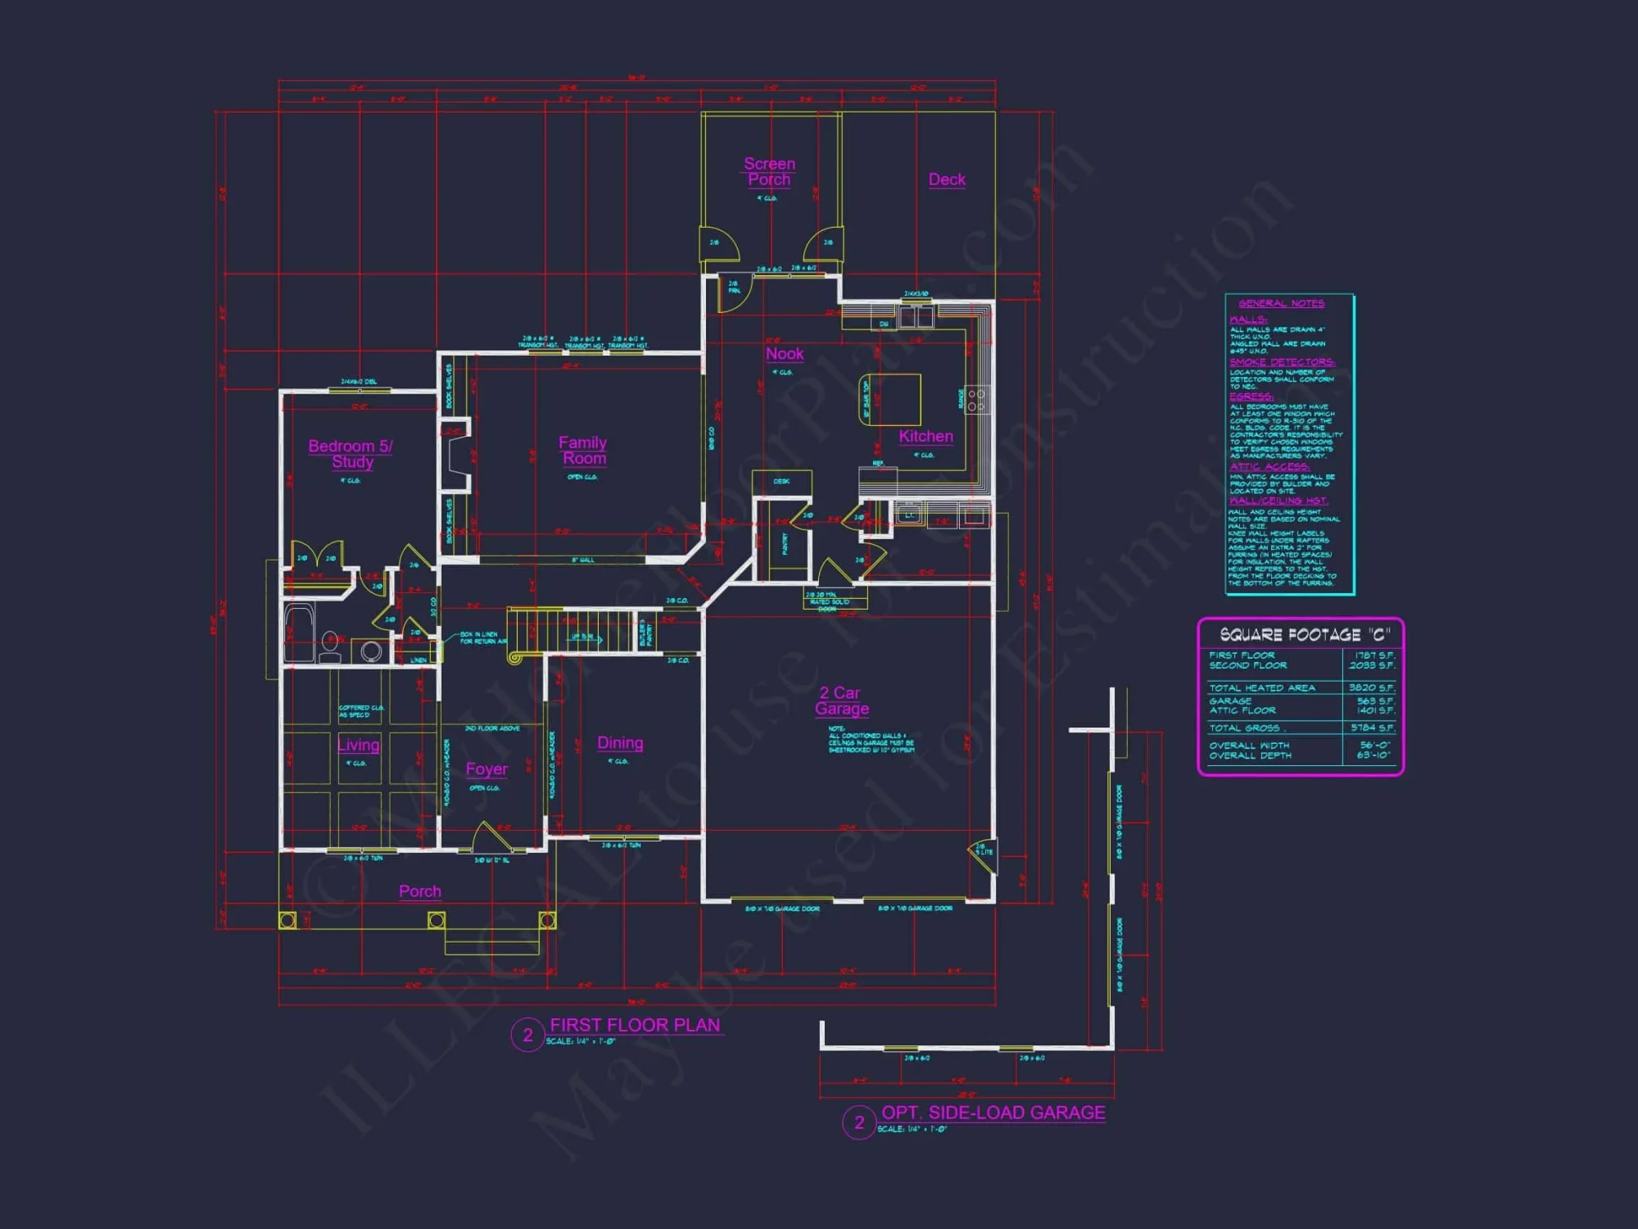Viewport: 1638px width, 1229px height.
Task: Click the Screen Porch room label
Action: (x=769, y=171)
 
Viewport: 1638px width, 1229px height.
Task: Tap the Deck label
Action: (x=947, y=179)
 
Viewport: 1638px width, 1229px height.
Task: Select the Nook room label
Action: (x=785, y=354)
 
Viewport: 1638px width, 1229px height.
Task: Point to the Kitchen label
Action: (x=925, y=437)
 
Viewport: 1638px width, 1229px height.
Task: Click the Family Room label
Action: (x=583, y=450)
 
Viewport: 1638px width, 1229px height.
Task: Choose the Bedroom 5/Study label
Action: (x=351, y=454)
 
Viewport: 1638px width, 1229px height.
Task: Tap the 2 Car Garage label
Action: (x=842, y=701)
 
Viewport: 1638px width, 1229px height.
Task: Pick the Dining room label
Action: (x=620, y=743)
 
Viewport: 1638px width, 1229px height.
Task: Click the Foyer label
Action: (x=486, y=769)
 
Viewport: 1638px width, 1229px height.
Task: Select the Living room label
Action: (x=358, y=745)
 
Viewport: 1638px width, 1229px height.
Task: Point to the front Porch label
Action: (x=419, y=891)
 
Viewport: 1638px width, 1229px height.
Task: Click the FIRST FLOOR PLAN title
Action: (x=635, y=1025)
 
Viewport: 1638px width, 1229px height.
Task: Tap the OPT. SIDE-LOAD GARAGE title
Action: (x=993, y=1113)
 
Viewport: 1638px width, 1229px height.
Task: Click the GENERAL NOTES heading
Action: (x=1281, y=303)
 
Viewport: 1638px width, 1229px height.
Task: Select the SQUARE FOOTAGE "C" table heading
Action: (x=1305, y=635)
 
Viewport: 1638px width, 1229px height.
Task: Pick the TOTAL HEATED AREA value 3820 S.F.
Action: (x=1372, y=688)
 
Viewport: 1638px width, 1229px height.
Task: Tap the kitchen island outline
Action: (x=890, y=400)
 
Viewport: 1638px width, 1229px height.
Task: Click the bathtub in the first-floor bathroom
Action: (x=299, y=632)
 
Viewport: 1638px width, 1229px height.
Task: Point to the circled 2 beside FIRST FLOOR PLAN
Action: (x=527, y=1035)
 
